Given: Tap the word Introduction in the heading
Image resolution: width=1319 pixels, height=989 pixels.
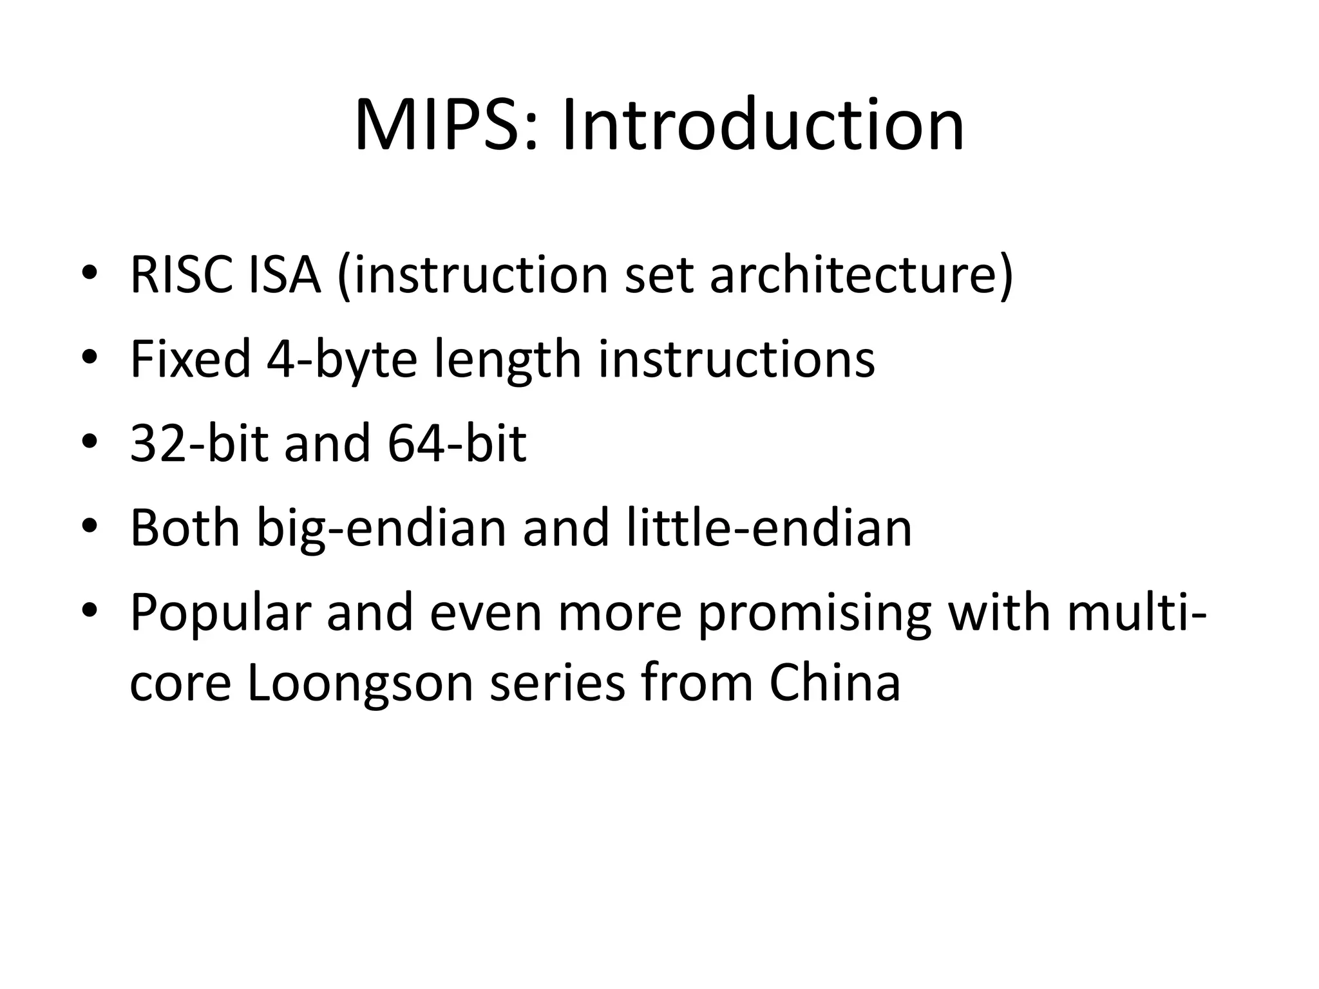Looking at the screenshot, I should [x=763, y=125].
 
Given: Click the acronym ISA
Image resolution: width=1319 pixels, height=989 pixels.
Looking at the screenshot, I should [x=283, y=275].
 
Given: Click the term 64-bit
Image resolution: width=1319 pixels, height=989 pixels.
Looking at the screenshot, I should [x=457, y=444].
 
